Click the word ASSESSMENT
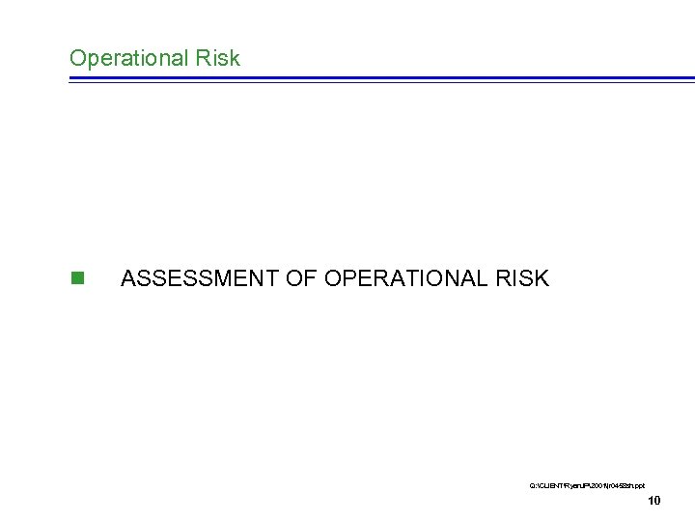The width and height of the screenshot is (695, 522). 200,279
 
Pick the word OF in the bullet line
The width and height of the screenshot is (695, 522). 302,279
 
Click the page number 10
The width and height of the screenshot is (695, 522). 653,500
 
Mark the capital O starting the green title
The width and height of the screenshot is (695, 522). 77,58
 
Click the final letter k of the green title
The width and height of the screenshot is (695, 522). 235,58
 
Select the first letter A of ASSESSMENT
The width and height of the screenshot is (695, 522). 129,279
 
